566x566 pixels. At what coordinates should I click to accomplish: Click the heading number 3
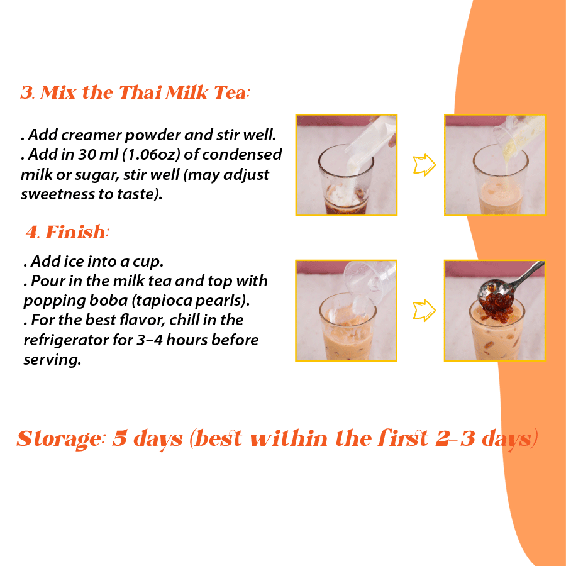pos(26,93)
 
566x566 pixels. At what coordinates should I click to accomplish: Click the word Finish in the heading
pos(75,233)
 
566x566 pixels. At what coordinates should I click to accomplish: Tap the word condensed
pos(247,155)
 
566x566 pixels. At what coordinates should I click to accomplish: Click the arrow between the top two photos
pos(423,165)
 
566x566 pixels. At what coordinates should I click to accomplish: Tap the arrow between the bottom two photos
pos(423,311)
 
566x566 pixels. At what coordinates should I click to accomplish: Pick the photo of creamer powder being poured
pos(347,165)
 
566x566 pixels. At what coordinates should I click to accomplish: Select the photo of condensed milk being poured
pos(495,165)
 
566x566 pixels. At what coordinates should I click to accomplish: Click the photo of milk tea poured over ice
pos(347,311)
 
